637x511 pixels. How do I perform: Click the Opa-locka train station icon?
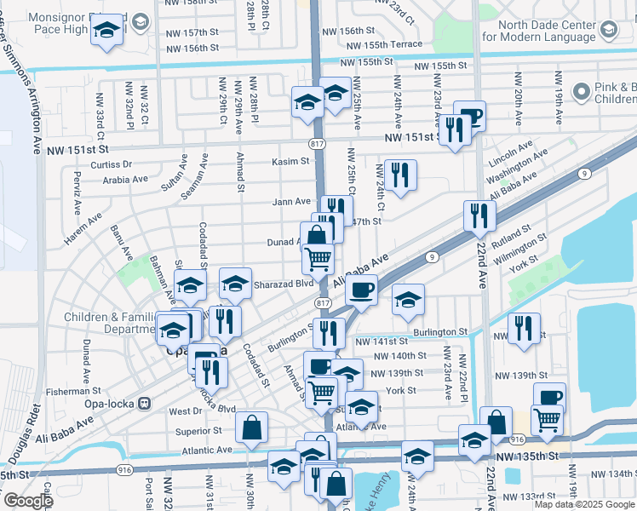144,403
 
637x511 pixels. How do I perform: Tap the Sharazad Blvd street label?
283,284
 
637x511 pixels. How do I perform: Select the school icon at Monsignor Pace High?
107,32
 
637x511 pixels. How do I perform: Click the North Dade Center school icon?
610,31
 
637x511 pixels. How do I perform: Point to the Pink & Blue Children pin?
582,91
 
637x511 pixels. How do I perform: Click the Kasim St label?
290,161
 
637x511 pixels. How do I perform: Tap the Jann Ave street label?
290,202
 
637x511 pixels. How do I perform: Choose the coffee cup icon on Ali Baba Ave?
362,290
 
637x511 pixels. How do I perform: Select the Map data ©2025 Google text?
584,504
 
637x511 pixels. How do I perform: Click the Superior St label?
198,431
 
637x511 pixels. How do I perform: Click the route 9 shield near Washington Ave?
584,174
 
